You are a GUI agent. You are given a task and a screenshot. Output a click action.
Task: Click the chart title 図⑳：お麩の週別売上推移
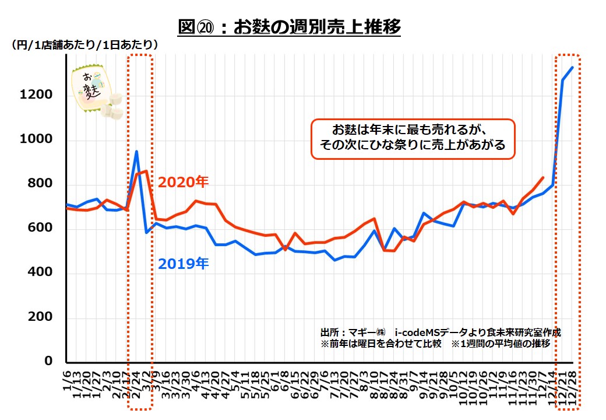(x=290, y=27)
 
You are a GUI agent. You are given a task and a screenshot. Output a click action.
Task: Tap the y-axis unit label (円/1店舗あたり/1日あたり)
(x=84, y=44)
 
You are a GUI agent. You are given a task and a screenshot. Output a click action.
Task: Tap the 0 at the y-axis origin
(x=49, y=362)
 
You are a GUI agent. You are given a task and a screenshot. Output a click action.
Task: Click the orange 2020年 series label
(x=183, y=182)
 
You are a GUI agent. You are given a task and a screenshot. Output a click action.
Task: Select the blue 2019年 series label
(x=183, y=264)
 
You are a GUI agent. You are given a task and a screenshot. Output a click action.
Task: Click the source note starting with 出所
(x=441, y=331)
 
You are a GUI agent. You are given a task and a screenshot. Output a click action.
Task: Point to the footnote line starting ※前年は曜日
(x=435, y=343)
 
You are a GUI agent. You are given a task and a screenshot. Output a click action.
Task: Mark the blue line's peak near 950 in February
(x=136, y=152)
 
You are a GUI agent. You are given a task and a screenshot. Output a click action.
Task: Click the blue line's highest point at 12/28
(x=573, y=67)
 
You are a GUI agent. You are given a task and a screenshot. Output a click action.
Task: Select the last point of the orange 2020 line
(x=543, y=177)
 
